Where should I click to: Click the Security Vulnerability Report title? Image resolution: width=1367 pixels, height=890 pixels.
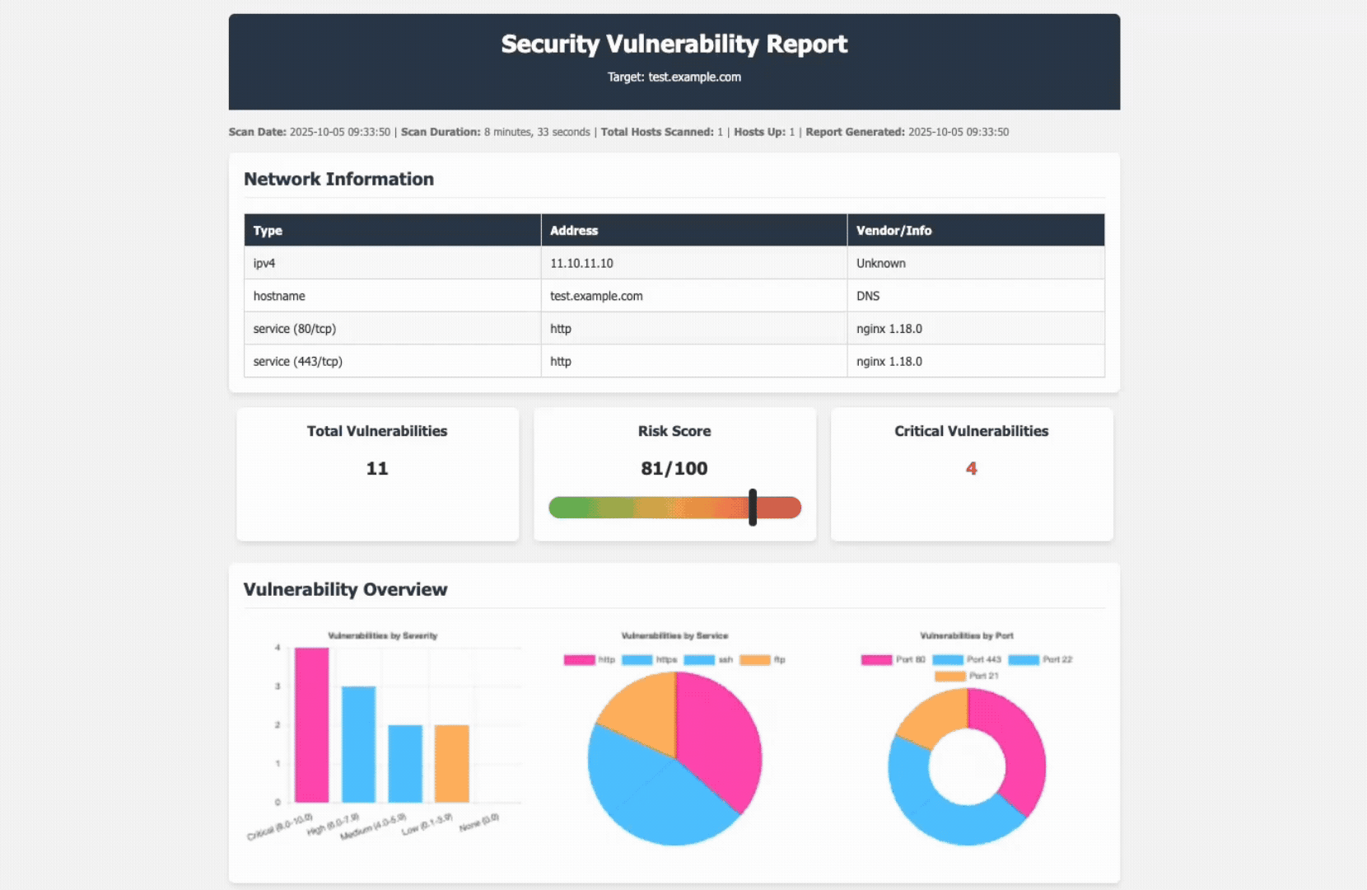[x=674, y=44]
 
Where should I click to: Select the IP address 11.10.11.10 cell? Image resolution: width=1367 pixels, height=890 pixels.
[x=581, y=263]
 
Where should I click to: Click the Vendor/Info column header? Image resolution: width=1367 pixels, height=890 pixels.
[x=893, y=231]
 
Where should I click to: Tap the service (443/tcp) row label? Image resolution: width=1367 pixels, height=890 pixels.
[x=297, y=361]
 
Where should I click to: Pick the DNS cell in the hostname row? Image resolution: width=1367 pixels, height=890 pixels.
[x=868, y=296]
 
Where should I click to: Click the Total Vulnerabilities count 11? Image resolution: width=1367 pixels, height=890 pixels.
[x=377, y=468]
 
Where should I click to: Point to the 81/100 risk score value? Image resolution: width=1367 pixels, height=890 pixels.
[x=674, y=468]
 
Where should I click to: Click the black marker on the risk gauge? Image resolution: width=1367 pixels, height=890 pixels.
[x=753, y=507]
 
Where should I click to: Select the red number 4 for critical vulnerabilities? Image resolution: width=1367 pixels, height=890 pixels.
[x=971, y=468]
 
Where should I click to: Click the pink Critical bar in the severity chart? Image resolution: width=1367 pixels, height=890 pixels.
[x=312, y=725]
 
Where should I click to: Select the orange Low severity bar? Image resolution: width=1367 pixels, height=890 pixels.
[x=451, y=763]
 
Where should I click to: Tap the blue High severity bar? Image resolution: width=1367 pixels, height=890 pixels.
[x=358, y=744]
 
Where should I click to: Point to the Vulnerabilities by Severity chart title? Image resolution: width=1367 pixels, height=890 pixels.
[x=383, y=635]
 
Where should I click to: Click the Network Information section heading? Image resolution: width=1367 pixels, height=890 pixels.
[x=338, y=179]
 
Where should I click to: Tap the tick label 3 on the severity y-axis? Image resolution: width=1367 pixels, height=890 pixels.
[x=278, y=686]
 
